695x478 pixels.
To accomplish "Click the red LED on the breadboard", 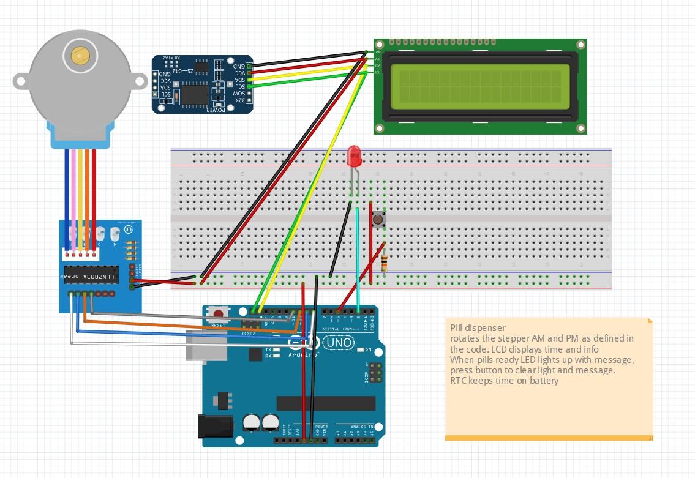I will tap(354, 157).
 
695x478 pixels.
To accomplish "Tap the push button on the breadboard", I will tap(378, 218).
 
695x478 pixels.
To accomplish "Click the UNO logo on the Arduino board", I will tap(339, 343).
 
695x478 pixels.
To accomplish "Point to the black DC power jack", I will tap(215, 426).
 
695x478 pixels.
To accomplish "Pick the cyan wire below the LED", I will tap(358, 257).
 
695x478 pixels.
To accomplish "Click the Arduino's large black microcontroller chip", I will tap(326, 403).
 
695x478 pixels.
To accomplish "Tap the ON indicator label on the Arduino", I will tap(368, 350).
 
